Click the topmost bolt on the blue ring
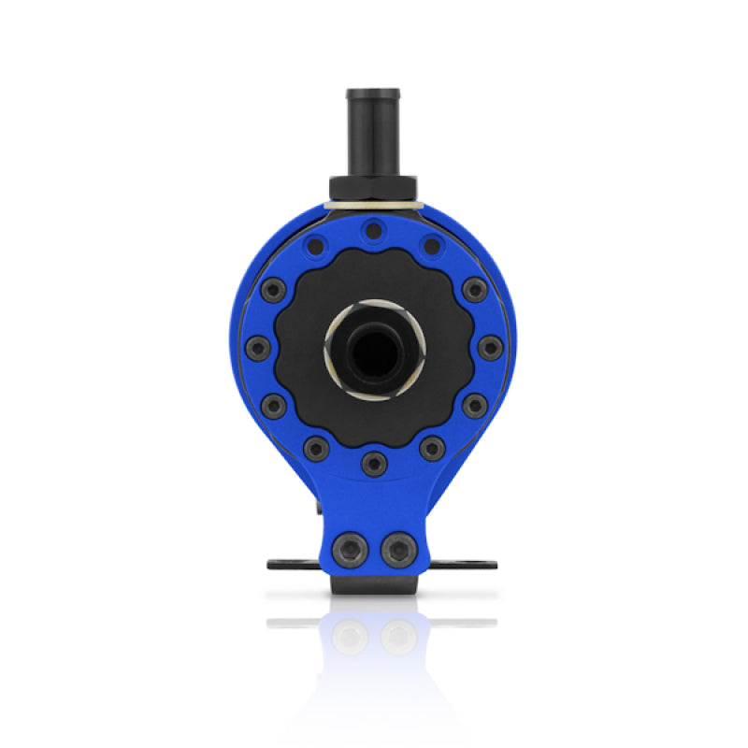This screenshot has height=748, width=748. [x=374, y=228]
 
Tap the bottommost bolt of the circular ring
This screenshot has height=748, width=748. [x=374, y=459]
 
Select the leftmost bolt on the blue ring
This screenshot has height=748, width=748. [x=257, y=348]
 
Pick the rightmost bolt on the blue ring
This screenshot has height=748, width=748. [x=490, y=348]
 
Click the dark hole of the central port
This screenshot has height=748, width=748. [x=374, y=348]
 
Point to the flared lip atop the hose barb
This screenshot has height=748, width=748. [x=373, y=94]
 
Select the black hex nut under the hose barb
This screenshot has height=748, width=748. [x=373, y=188]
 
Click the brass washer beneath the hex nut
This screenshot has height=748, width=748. [x=373, y=205]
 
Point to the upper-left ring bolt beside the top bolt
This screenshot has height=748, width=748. [x=317, y=246]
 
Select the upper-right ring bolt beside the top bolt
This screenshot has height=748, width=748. [x=431, y=246]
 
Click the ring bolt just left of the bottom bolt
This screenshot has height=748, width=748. [x=316, y=447]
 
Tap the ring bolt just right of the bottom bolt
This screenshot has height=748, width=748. [x=431, y=447]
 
